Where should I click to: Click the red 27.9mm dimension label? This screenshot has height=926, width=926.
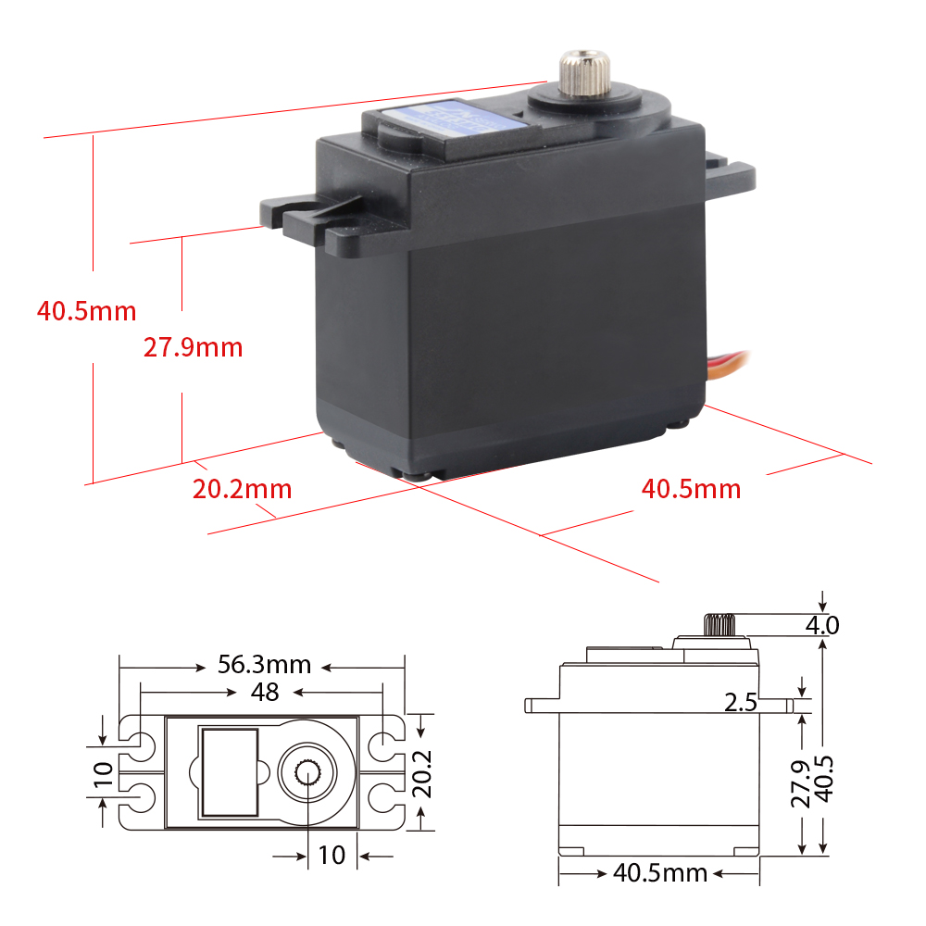[193, 347]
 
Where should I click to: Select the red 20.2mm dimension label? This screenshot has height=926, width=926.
[242, 489]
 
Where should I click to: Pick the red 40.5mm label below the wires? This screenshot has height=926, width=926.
[691, 489]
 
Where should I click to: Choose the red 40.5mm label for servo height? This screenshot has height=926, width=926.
[86, 310]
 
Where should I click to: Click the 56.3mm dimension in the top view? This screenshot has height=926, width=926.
[264, 665]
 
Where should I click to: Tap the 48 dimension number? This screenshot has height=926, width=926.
[265, 692]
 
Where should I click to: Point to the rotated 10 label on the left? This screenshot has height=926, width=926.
[103, 770]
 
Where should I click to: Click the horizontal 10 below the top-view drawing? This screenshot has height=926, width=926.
[331, 855]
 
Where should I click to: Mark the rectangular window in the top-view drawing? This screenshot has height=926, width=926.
[229, 770]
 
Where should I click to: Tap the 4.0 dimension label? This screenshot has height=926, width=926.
[821, 625]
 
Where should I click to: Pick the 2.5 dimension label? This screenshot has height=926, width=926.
[741, 703]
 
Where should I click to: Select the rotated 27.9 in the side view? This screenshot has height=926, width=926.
[801, 783]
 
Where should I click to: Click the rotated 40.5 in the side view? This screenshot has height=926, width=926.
[823, 783]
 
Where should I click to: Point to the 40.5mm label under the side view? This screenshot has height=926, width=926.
[659, 872]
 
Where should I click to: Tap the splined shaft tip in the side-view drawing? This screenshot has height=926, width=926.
[719, 624]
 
